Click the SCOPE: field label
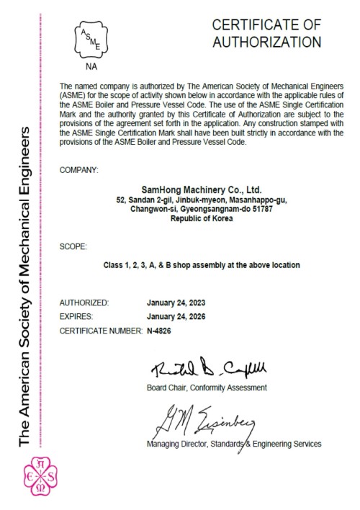73,246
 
